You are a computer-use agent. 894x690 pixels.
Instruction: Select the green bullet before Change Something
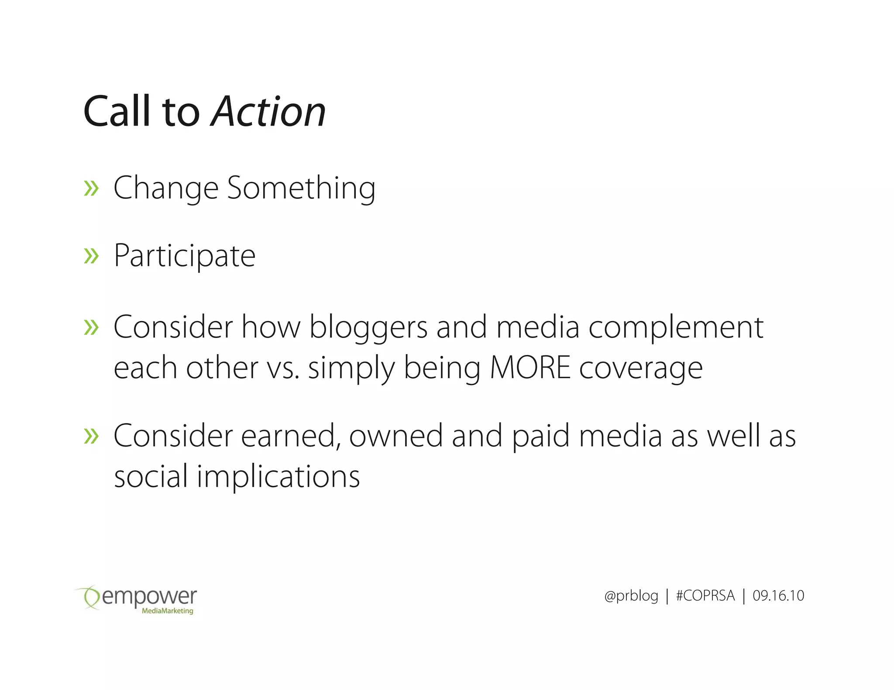[x=91, y=188]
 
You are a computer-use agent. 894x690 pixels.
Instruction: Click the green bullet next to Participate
[x=91, y=256]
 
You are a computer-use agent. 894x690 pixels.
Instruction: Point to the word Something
[x=301, y=188]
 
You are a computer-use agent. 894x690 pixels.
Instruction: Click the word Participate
[x=184, y=256]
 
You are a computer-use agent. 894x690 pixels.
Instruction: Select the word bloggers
[x=368, y=328]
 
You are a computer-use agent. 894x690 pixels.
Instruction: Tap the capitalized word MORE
[x=530, y=368]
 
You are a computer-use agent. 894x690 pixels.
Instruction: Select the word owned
[x=396, y=436]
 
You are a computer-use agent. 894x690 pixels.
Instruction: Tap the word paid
[x=541, y=436]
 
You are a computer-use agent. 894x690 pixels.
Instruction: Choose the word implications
[x=278, y=476]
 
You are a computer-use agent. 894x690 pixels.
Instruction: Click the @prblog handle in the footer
[x=631, y=596]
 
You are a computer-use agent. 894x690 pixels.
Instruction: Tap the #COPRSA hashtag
[x=705, y=596]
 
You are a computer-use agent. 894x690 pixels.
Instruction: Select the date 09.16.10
[x=778, y=596]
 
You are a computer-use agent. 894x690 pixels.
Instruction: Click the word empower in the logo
[x=149, y=596]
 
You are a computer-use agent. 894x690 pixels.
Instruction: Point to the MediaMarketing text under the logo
[x=168, y=611]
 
